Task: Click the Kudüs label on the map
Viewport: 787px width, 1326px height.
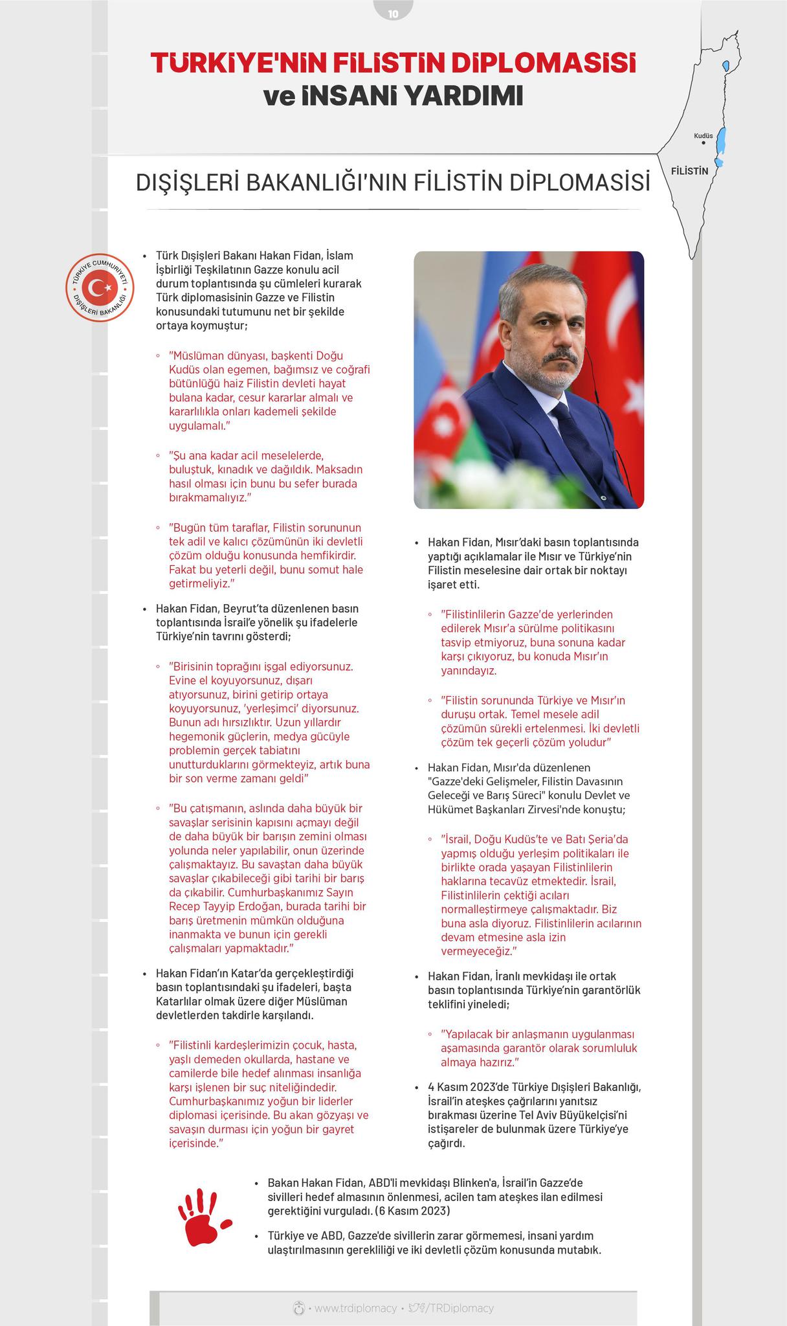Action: [703, 136]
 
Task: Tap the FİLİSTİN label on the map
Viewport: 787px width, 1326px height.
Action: [690, 171]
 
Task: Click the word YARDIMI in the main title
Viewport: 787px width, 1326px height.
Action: [463, 96]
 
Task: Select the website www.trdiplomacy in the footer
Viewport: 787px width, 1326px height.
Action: [355, 1308]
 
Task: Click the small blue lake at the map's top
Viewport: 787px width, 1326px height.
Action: [726, 66]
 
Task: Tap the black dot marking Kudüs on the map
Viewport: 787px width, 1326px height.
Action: [703, 144]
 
